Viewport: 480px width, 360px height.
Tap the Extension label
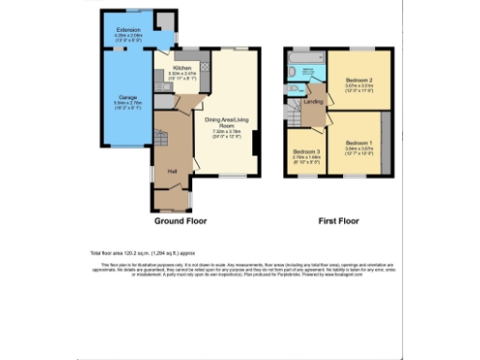tap(127, 30)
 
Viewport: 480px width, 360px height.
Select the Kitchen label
tap(182, 68)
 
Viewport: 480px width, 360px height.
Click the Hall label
tap(173, 171)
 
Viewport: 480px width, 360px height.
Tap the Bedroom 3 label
tap(306, 152)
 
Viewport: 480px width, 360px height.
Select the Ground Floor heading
tap(180, 222)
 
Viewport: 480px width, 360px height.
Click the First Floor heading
tap(337, 222)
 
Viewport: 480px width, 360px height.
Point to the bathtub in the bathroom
tap(306, 69)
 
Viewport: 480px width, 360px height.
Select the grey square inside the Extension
tap(165, 22)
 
